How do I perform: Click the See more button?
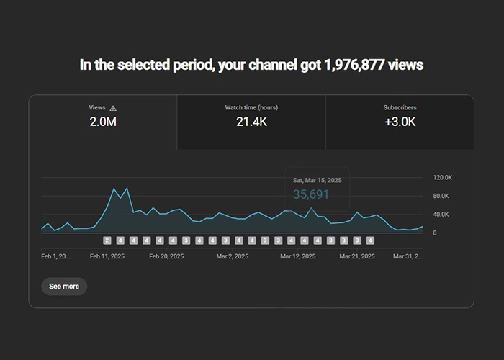click(64, 286)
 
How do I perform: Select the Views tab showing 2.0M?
click(103, 121)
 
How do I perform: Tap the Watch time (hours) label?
click(251, 108)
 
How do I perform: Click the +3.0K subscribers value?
click(400, 122)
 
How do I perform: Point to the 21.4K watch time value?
click(251, 122)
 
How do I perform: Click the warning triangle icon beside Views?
click(113, 108)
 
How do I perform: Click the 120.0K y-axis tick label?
click(443, 177)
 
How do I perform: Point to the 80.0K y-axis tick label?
click(441, 196)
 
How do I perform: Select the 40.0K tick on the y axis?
click(441, 215)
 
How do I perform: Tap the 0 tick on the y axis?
click(435, 233)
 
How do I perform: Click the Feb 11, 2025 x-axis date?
click(107, 256)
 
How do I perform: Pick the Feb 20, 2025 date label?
click(166, 256)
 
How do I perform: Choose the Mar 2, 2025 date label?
click(232, 256)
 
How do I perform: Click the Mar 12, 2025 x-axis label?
click(297, 256)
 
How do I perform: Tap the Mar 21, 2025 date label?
click(357, 256)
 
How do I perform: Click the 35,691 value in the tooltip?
click(311, 194)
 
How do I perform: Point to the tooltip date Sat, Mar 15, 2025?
click(317, 179)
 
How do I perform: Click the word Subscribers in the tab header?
click(400, 108)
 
